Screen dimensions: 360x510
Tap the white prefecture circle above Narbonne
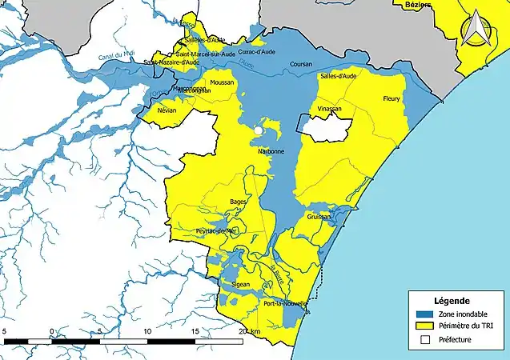click(259, 130)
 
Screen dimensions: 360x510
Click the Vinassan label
click(329, 109)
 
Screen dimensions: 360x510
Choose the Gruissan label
click(319, 217)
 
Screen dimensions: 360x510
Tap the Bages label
click(238, 202)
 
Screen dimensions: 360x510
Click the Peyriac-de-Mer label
click(217, 230)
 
